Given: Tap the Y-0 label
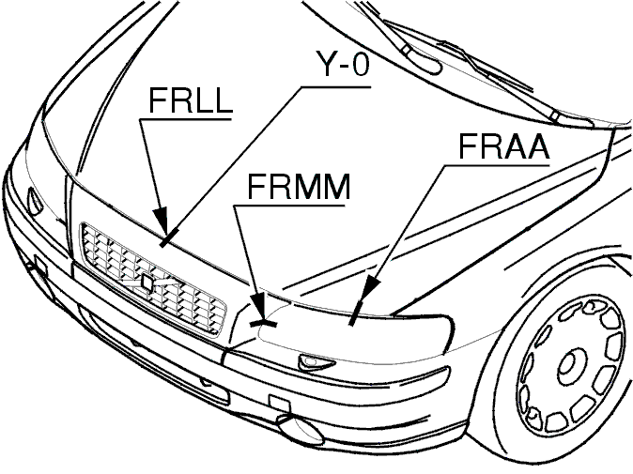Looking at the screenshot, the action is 342,64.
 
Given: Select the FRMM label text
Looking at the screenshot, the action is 299,187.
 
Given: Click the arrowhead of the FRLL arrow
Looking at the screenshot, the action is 162,219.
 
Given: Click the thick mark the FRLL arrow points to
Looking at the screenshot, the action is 168,237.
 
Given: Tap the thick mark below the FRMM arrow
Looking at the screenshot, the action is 264,323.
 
